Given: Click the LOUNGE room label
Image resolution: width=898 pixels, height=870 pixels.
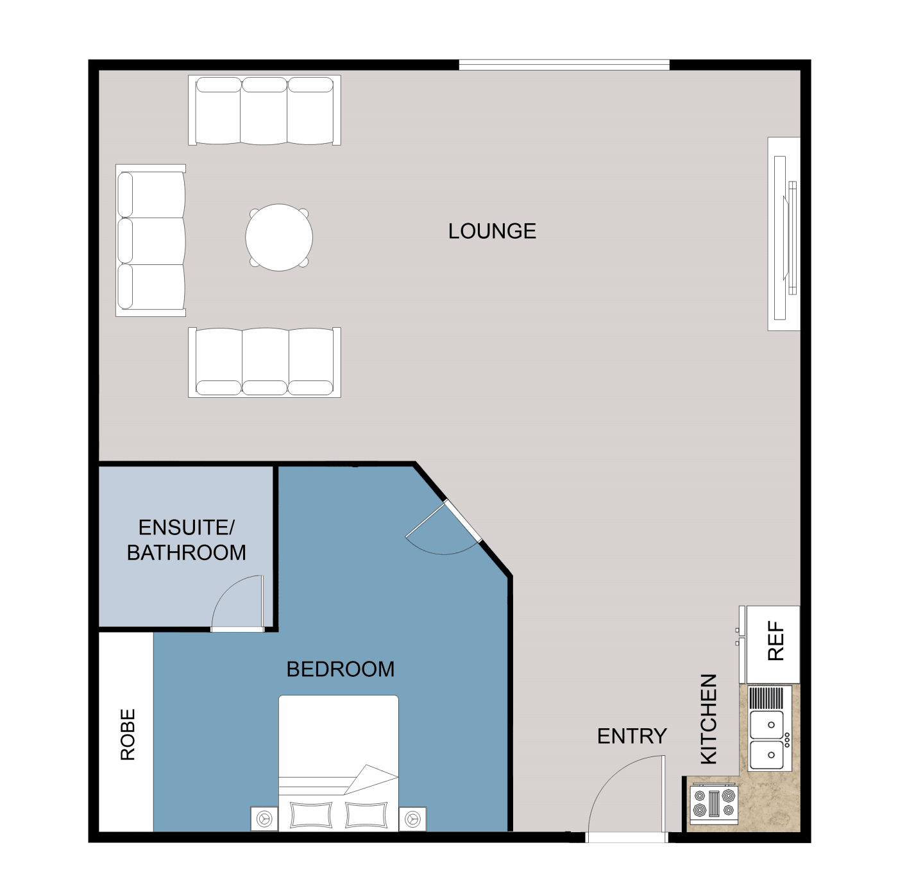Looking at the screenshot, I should [492, 231].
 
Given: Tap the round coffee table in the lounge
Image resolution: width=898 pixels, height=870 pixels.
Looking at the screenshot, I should [279, 237].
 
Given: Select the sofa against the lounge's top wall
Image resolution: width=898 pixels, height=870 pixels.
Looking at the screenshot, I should [264, 110].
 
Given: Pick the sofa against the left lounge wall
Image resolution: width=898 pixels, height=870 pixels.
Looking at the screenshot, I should [151, 241].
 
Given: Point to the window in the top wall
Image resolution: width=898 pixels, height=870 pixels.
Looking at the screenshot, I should [564, 65].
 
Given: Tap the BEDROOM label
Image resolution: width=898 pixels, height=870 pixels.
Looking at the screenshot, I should [340, 669].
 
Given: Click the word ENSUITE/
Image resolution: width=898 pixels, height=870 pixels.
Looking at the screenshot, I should [187, 527].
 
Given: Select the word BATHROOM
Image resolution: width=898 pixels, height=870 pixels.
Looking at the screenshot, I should [187, 552].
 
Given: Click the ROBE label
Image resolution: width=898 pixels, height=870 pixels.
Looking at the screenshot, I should [128, 735].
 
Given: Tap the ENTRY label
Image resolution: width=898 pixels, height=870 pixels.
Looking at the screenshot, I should [632, 736].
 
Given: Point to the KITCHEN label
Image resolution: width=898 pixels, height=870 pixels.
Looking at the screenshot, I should [709, 719].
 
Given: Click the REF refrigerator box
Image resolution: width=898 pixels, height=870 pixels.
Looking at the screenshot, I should [774, 644].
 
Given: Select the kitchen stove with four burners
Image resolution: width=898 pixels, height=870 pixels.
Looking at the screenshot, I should [713, 805].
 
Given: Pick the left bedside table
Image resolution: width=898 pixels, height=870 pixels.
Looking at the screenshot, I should [264, 819].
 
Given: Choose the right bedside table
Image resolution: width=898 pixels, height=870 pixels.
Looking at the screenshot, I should [412, 819].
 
